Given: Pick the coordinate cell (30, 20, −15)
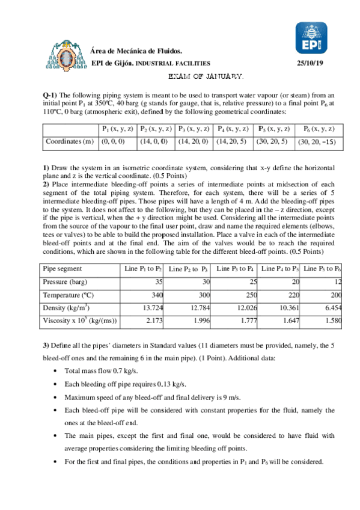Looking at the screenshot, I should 318,142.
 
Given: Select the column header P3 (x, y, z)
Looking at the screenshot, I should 193,129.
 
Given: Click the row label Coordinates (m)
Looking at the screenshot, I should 70,142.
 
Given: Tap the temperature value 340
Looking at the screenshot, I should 157,295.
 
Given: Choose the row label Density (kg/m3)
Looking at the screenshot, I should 66,308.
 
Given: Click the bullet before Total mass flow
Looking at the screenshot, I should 56,372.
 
